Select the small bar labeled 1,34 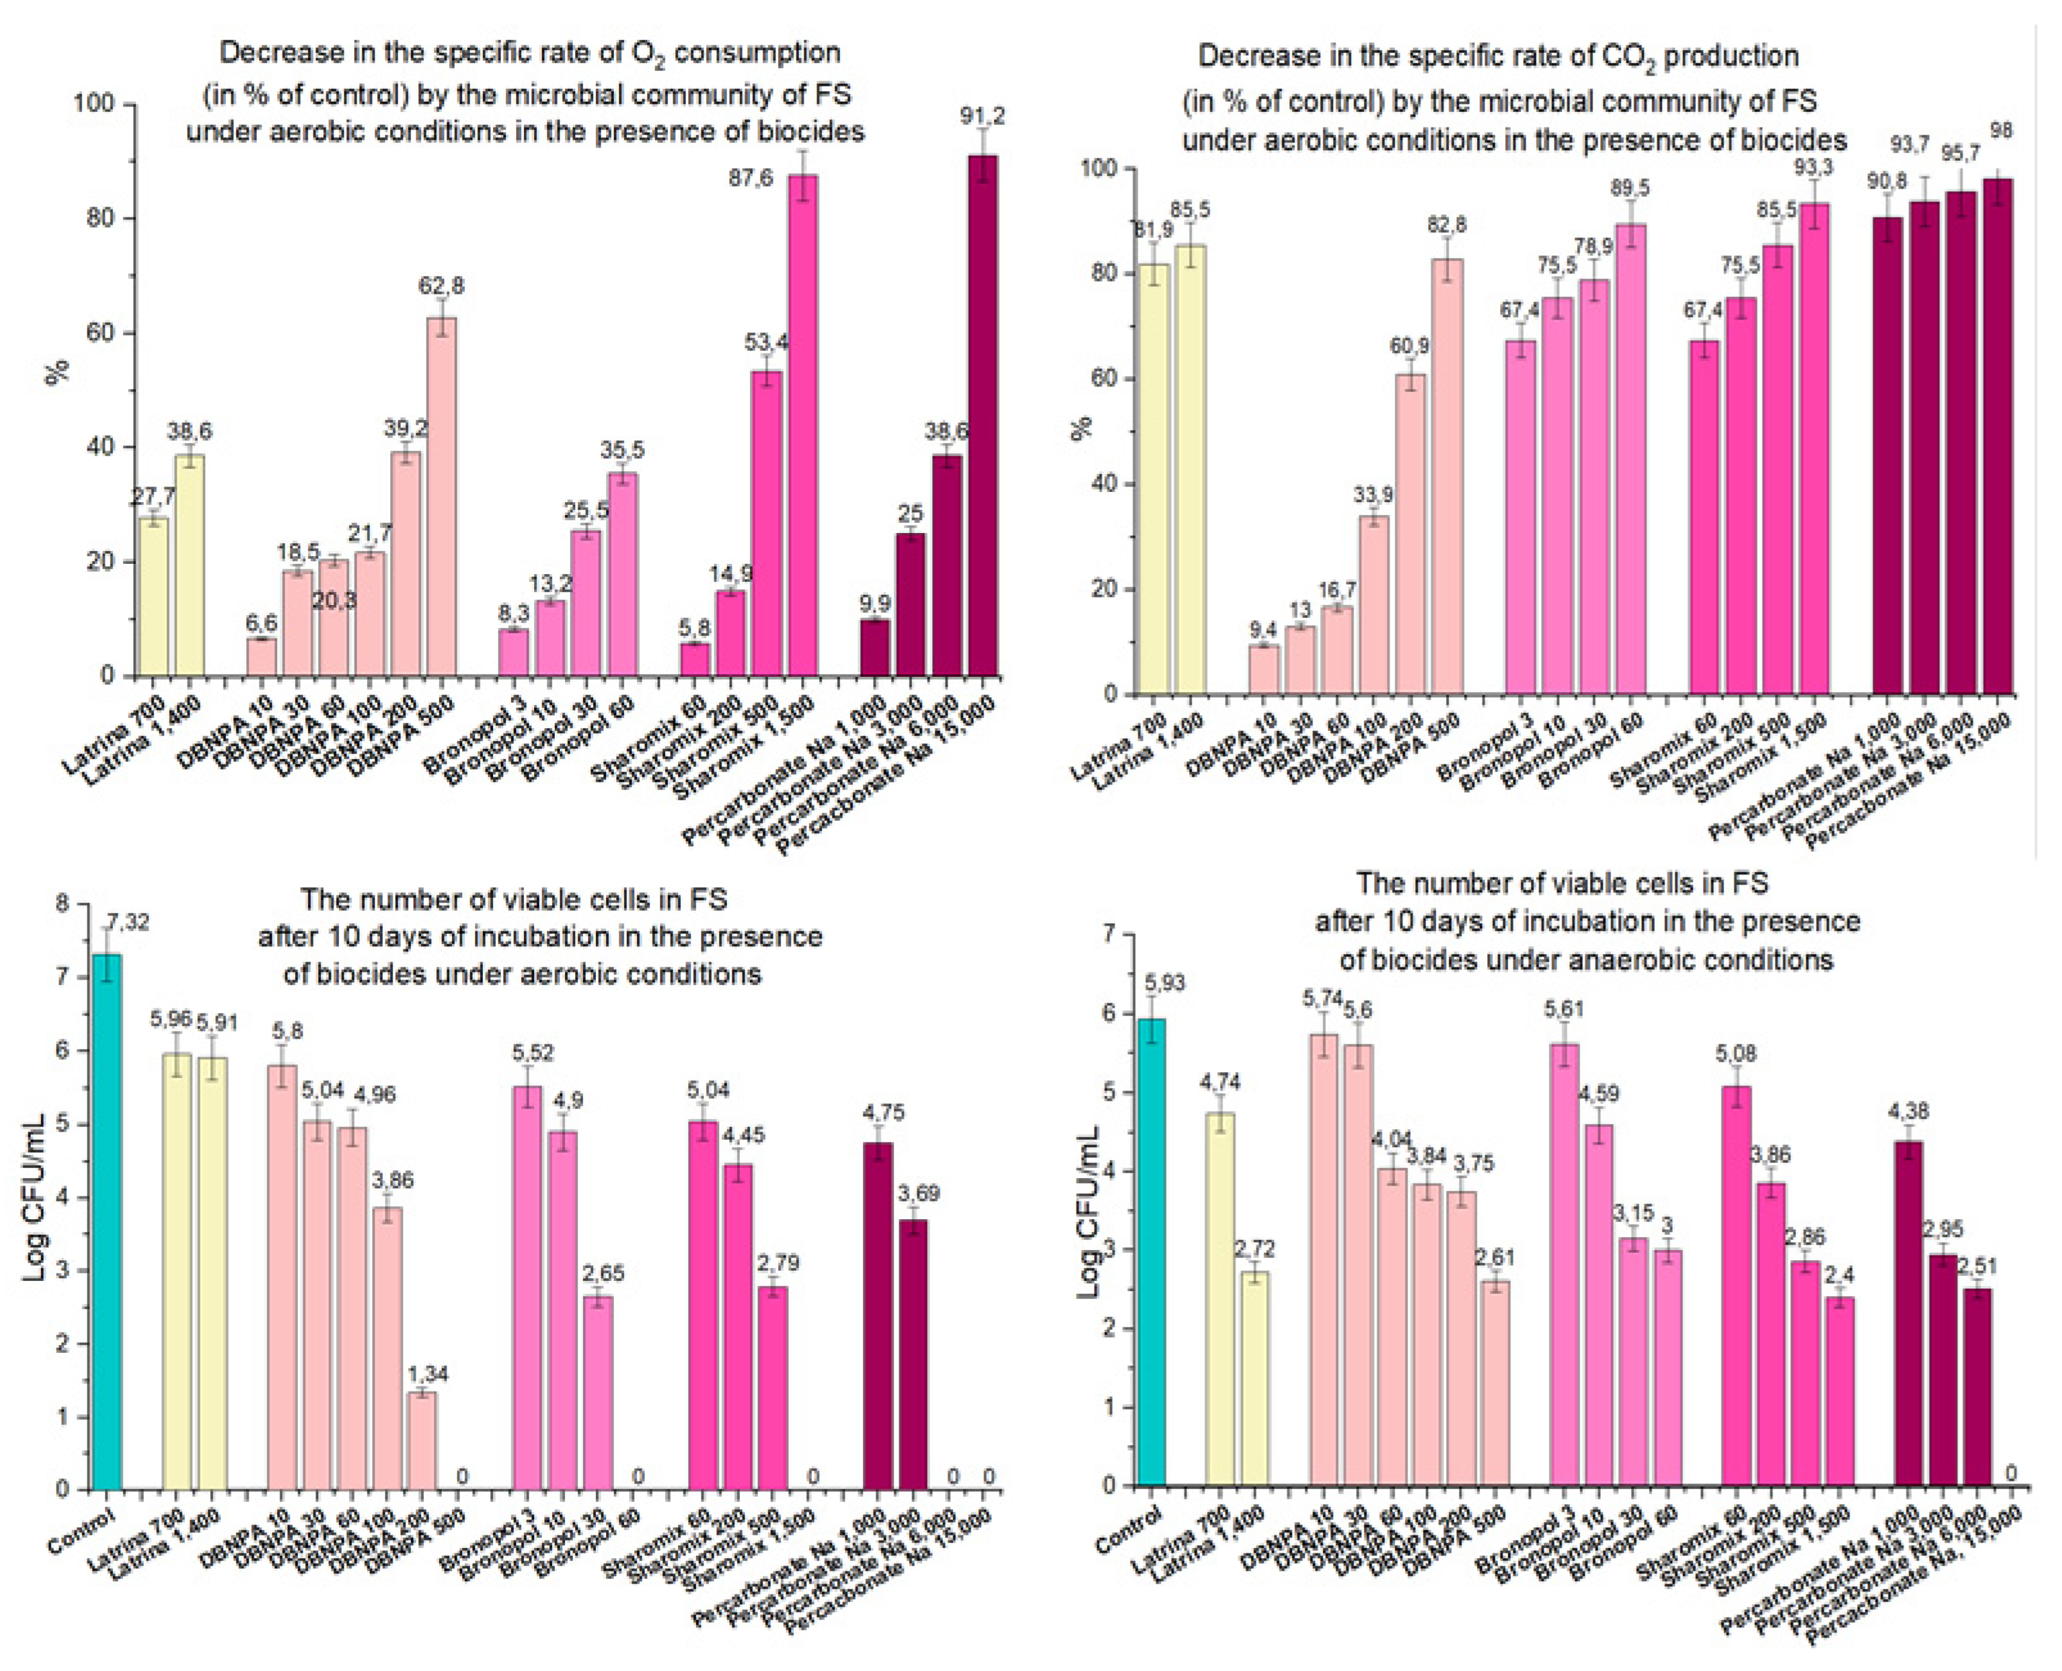[x=422, y=1440]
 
